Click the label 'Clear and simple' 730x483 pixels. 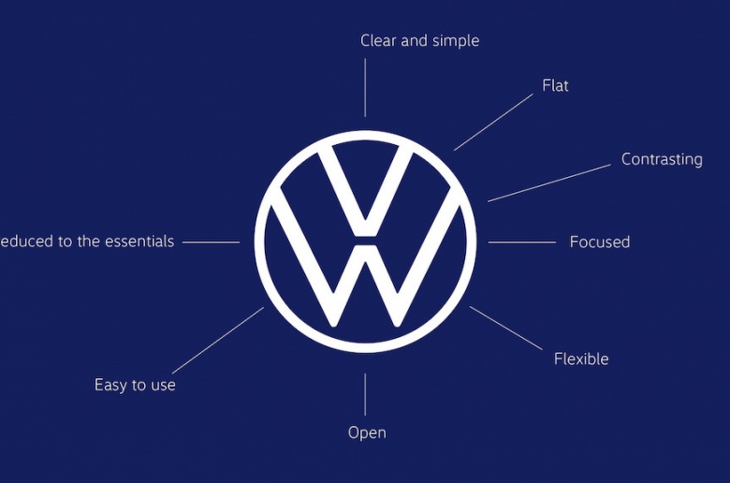(419, 40)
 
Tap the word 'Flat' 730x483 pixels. (555, 85)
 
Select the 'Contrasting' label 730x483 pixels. (662, 159)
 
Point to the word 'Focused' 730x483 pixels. (599, 241)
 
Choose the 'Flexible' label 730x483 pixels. (580, 359)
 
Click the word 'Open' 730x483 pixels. (366, 432)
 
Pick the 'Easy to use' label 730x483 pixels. (135, 385)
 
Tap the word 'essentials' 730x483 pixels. (139, 241)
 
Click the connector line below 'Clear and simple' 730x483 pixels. (365, 89)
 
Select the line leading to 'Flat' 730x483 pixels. (493, 121)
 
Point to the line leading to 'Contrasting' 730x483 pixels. (548, 183)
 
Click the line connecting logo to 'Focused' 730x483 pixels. (521, 242)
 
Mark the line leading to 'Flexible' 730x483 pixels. (505, 328)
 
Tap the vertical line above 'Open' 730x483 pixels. (365, 394)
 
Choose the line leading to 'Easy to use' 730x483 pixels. (217, 340)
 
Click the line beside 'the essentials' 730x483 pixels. (211, 242)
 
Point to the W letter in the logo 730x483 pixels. (365, 281)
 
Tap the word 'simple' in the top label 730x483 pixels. (453, 40)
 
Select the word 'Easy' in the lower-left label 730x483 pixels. (110, 385)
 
